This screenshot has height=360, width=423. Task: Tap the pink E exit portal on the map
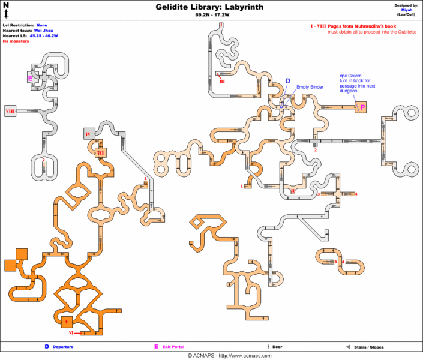[29, 78]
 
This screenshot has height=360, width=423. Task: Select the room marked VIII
[10, 111]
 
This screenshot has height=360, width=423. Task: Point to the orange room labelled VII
[101, 153]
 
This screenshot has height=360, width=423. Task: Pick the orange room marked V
[67, 321]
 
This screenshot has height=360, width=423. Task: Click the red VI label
[71, 332]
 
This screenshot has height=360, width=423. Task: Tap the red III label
[221, 80]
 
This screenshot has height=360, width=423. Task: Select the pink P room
[362, 106]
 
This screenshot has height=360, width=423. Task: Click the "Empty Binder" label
[310, 87]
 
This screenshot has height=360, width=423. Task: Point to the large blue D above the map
[287, 81]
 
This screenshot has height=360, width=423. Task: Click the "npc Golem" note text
[351, 76]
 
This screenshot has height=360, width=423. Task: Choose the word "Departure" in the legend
[63, 347]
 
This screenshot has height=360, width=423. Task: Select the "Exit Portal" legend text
[173, 347]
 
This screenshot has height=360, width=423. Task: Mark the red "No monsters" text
[16, 41]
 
